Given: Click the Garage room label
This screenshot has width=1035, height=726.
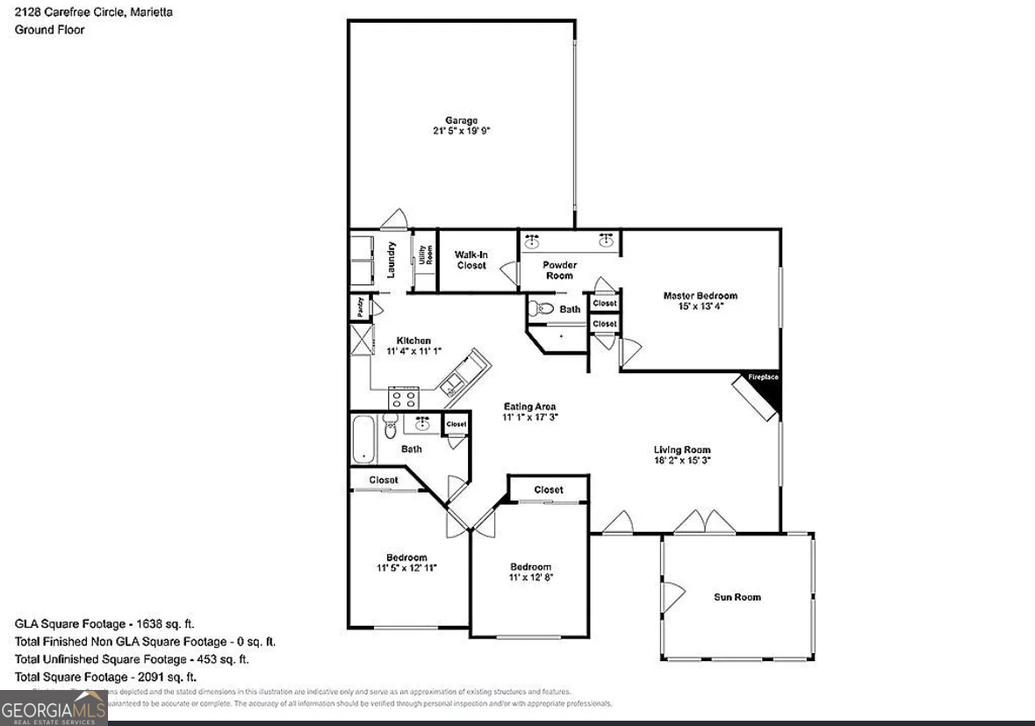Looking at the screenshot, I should [x=460, y=120].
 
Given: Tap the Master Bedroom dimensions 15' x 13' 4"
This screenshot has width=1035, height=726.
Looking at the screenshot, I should [x=700, y=306].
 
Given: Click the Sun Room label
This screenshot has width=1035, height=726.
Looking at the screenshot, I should [x=737, y=597].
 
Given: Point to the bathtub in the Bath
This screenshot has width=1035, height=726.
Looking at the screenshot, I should [x=363, y=439].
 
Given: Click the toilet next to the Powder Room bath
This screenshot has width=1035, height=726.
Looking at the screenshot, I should [x=542, y=308].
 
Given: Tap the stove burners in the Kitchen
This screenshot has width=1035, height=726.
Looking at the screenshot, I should [x=403, y=399].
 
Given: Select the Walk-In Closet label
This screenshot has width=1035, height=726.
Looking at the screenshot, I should [x=471, y=260].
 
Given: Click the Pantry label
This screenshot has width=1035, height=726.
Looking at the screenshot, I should [x=360, y=307].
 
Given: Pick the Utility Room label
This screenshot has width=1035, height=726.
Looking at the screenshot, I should [x=425, y=255].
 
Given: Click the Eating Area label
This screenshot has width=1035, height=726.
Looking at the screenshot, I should [x=530, y=406].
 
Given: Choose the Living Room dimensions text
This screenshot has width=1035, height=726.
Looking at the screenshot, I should [x=682, y=460].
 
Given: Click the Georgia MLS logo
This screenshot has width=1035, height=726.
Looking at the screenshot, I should [x=54, y=707].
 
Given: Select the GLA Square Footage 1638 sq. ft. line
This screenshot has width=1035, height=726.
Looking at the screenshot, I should [x=104, y=623].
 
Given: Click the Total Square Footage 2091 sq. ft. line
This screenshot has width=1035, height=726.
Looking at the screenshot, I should [x=105, y=677].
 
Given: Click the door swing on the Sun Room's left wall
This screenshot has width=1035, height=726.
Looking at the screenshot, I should [x=672, y=596].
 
